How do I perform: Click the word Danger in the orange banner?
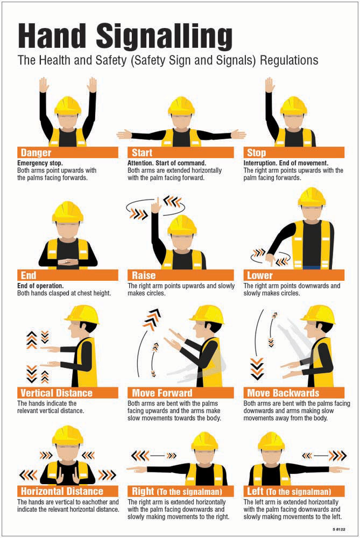click(36, 152)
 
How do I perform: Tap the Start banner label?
click(142, 152)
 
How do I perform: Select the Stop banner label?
click(256, 152)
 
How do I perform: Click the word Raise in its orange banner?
click(144, 275)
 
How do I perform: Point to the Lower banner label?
click(260, 275)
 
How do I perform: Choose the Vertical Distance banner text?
click(57, 393)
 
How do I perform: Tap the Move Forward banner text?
click(163, 393)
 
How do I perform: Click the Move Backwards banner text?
click(283, 393)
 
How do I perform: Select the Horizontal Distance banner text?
click(62, 491)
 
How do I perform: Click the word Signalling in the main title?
click(164, 36)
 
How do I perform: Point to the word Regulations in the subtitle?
click(289, 60)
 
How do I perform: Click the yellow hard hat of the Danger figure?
click(68, 105)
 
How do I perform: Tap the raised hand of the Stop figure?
click(270, 85)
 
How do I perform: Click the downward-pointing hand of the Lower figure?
click(270, 259)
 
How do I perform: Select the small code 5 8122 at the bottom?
click(338, 529)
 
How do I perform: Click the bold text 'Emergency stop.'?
click(40, 163)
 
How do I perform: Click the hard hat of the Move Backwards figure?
click(318, 315)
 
